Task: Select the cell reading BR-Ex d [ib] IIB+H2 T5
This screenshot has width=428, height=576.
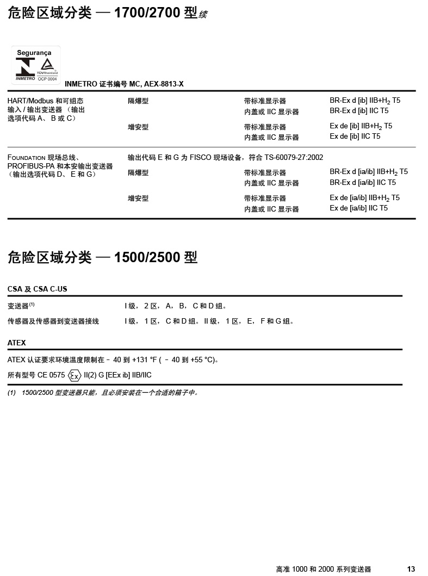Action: pyautogui.click(x=364, y=101)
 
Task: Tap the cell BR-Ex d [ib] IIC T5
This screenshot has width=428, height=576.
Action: pyautogui.click(x=359, y=111)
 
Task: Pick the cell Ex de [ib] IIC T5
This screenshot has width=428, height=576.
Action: pyautogui.click(x=355, y=137)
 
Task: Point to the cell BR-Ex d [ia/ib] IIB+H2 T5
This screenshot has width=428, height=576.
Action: pyautogui.click(x=368, y=172)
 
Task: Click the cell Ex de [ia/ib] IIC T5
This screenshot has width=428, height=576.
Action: pyautogui.click(x=358, y=208)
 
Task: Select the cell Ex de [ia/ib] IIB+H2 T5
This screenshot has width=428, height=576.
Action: pyautogui.click(x=364, y=198)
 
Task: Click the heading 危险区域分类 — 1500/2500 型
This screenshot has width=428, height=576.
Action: pyautogui.click(x=102, y=257)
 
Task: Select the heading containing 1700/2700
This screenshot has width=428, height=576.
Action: pyautogui.click(x=108, y=13)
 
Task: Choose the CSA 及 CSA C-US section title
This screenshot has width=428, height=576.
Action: pyautogui.click(x=37, y=289)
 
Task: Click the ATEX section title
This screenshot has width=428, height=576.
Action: pyautogui.click(x=17, y=343)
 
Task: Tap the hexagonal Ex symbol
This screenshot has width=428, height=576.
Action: pyautogui.click(x=75, y=375)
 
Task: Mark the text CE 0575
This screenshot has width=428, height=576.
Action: pyautogui.click(x=51, y=375)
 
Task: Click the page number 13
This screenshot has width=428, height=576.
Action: pyautogui.click(x=411, y=569)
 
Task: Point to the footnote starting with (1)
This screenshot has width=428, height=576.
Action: pyautogui.click(x=103, y=393)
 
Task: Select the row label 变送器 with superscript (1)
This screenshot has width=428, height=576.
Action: pyautogui.click(x=21, y=306)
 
